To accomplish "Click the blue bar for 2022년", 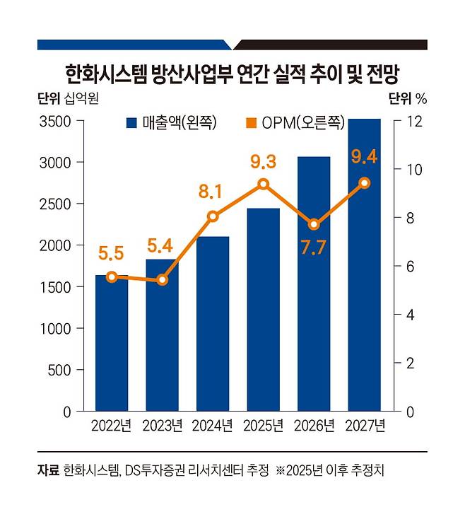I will [x=112, y=346].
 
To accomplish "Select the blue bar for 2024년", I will [x=213, y=325].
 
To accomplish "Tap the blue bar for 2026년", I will [x=314, y=290].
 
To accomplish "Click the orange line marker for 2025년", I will [x=264, y=184].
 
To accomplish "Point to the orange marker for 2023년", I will [x=163, y=280].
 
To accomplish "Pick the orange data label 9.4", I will [x=365, y=153].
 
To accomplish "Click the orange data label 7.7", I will [x=314, y=250].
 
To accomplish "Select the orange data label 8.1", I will [x=213, y=190].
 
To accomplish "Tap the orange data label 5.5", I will [x=112, y=254].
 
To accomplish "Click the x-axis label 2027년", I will [x=365, y=426].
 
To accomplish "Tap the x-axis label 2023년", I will [x=163, y=426].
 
